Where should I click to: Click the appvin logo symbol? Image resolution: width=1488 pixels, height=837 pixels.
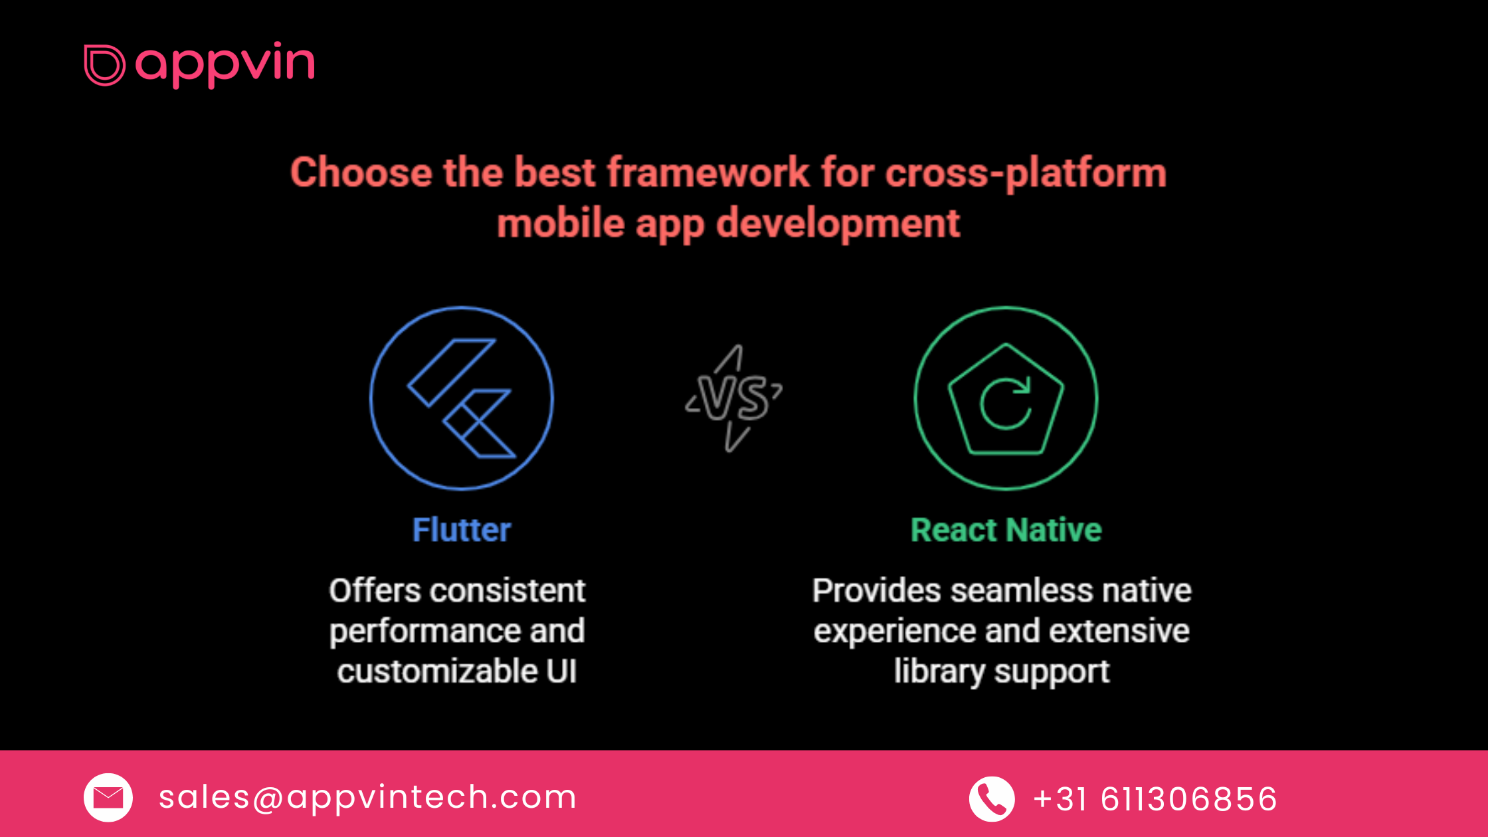click(x=104, y=65)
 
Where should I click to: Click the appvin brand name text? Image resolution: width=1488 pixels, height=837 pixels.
click(x=225, y=64)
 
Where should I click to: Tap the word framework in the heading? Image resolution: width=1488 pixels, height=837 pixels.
click(x=708, y=172)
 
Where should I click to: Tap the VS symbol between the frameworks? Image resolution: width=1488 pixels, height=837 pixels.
click(x=734, y=398)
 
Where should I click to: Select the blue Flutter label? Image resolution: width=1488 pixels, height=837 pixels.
click(x=462, y=530)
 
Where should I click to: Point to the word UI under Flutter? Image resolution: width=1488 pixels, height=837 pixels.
click(x=562, y=671)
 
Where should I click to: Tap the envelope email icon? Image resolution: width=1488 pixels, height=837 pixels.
click(x=108, y=797)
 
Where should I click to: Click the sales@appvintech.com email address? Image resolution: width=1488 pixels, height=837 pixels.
click(x=367, y=797)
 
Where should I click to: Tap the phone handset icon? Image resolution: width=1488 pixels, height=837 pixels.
click(x=992, y=798)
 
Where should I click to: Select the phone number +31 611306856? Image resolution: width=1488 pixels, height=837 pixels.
click(x=1155, y=799)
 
